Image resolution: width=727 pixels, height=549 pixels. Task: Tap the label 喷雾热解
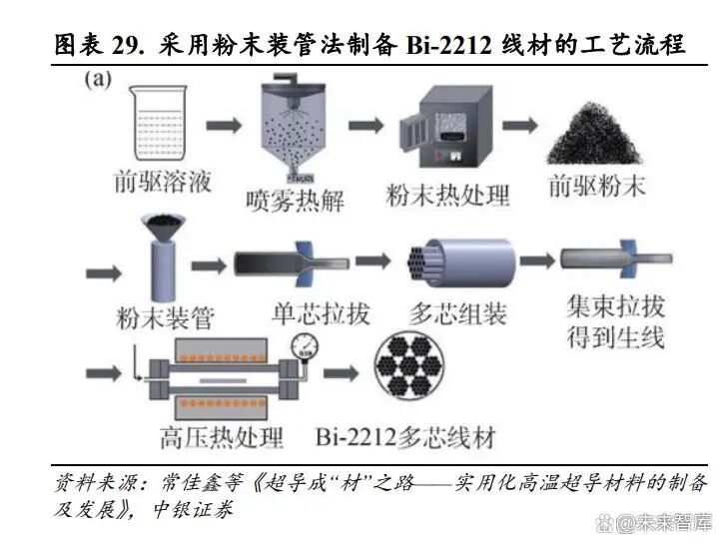297,200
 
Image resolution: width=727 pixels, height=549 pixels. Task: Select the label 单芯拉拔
321,311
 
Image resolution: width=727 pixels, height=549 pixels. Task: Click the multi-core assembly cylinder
458,264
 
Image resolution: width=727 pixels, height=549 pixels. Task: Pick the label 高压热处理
221,437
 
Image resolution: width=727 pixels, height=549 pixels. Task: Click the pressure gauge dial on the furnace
300,343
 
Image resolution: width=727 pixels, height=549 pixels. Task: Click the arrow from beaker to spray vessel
226,127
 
